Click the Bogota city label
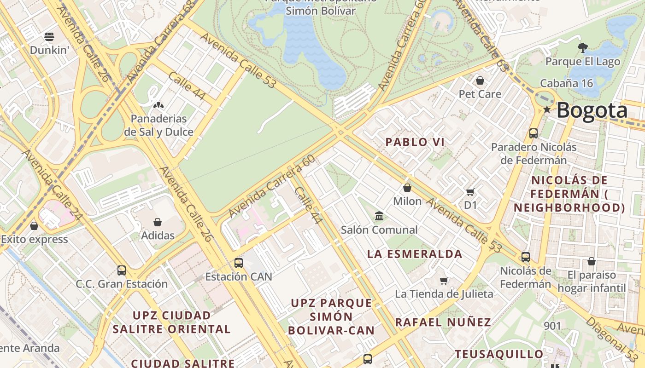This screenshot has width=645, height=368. [x=592, y=111]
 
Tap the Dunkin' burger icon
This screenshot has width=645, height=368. [x=49, y=36]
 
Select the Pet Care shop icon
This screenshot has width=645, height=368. [x=480, y=80]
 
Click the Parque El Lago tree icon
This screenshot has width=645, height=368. [x=583, y=47]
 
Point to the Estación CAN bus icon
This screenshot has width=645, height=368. [x=238, y=263]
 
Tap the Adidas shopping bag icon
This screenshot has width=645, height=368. [x=158, y=222]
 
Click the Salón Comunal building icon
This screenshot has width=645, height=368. [x=379, y=216]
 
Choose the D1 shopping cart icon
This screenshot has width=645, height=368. [x=470, y=192]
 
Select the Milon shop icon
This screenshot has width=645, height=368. [x=407, y=188]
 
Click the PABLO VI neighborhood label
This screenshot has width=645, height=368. [x=415, y=142]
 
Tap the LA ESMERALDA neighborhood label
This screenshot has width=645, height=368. [x=415, y=254]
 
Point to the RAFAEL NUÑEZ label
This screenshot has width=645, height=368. [x=443, y=322]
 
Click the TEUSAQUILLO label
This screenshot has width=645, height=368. [x=499, y=354]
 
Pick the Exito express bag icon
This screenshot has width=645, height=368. [x=34, y=226]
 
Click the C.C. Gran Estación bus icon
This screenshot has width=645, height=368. [x=122, y=270]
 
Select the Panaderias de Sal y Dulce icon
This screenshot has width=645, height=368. [x=158, y=105]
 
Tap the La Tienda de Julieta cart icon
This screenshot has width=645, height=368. [x=444, y=281]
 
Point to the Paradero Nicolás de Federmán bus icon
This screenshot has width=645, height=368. [x=534, y=133]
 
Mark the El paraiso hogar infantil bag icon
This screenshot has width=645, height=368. [x=592, y=261]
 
